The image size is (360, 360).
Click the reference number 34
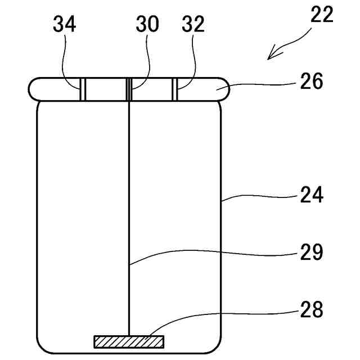pyautogui.click(x=65, y=25)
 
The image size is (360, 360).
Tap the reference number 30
pyautogui.click(x=147, y=25)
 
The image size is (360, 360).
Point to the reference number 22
pyautogui.click(x=321, y=15)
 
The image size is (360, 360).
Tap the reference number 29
pyautogui.click(x=310, y=253)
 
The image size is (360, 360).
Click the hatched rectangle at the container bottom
pyautogui.click(x=129, y=341)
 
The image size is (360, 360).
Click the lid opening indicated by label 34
pyautogui.click(x=82, y=89)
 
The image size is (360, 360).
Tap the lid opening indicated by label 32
pyautogui.click(x=175, y=89)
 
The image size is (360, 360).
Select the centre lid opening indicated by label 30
pyautogui.click(x=129, y=89)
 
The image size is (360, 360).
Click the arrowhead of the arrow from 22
pyautogui.click(x=272, y=55)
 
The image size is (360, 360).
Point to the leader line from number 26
pyautogui.click(x=264, y=85)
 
